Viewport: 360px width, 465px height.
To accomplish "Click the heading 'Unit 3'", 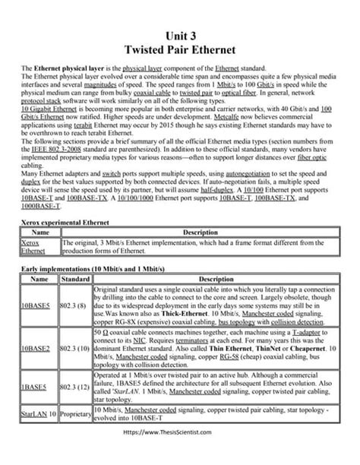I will [x=179, y=36].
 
